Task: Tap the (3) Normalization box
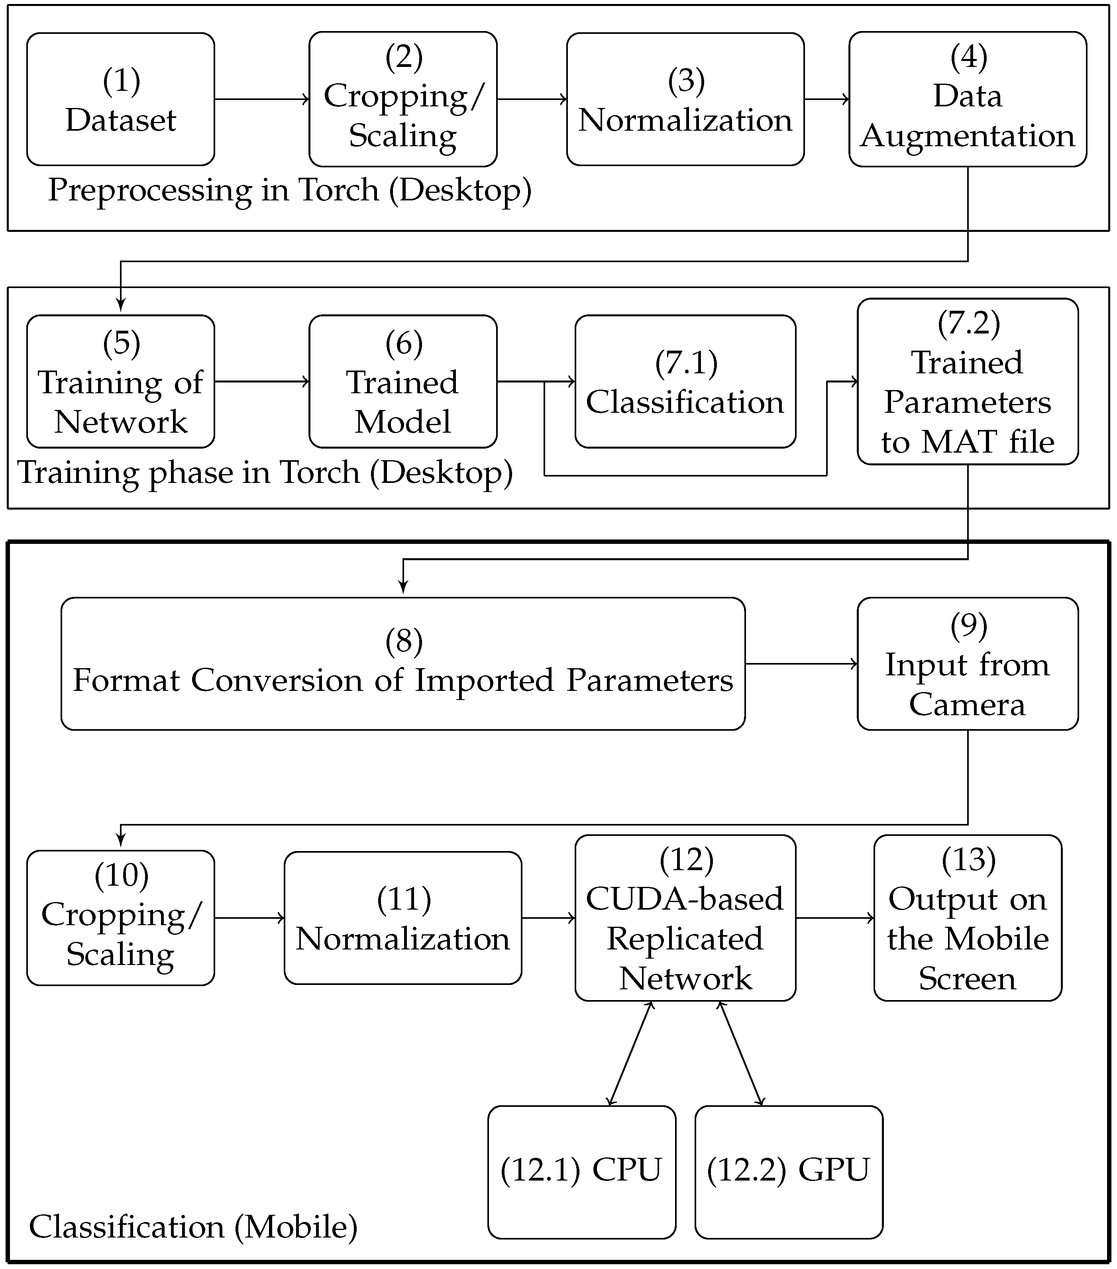pyautogui.click(x=685, y=99)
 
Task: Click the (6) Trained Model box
pyautogui.click(x=402, y=382)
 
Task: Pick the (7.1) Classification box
pyautogui.click(x=685, y=382)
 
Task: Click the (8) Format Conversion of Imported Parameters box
pyautogui.click(x=402, y=664)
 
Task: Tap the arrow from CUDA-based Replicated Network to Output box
pyautogui.click(x=834, y=918)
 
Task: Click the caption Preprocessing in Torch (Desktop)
pyautogui.click(x=289, y=190)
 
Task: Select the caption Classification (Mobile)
pyautogui.click(x=193, y=1227)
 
